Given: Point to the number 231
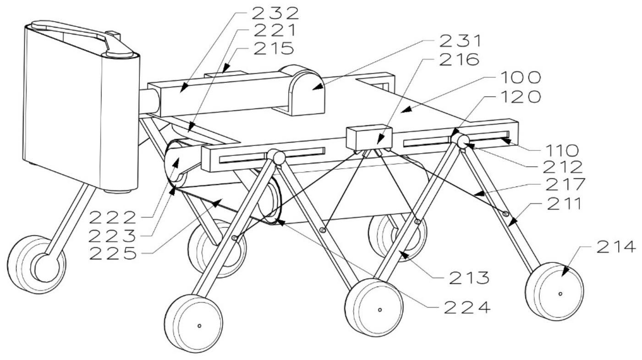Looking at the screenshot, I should (461, 41).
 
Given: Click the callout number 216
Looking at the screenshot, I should (461, 59).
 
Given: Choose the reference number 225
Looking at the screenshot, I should (112, 254).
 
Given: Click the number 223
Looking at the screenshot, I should (112, 236).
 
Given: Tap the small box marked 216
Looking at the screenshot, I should (369, 137).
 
